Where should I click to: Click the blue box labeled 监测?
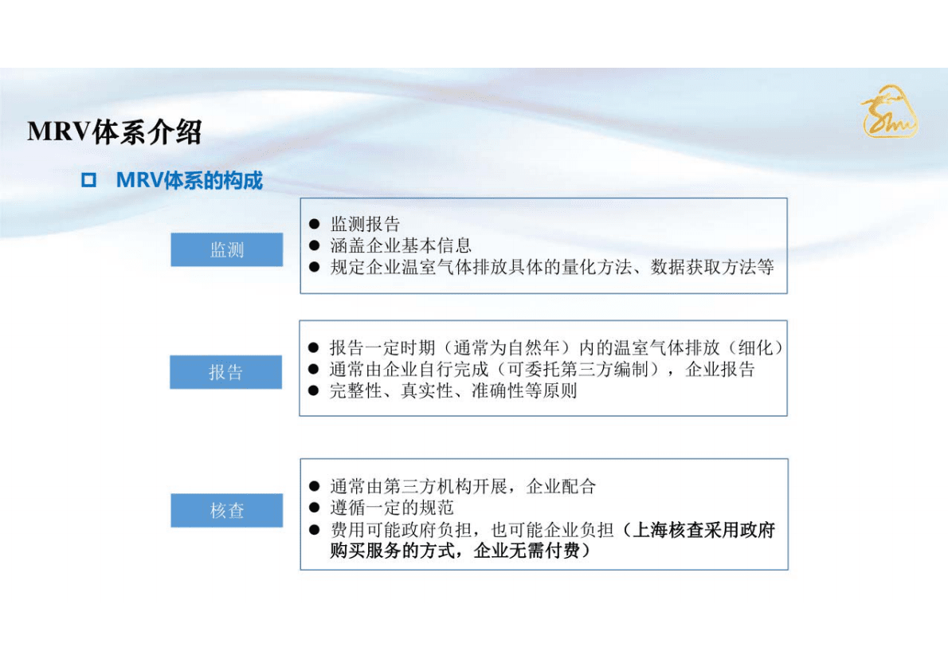[x=226, y=249]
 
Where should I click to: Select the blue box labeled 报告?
[x=225, y=372]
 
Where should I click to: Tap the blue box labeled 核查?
[x=226, y=510]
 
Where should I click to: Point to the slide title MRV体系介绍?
[x=114, y=131]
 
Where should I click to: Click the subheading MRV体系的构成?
[x=190, y=181]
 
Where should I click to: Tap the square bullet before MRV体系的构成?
[x=88, y=181]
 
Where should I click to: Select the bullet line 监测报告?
[x=365, y=225]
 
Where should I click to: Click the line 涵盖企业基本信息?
[x=401, y=245]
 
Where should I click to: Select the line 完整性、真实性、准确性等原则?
[x=453, y=390]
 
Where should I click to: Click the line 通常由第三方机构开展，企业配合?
[x=463, y=486]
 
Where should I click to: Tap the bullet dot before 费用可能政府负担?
[x=314, y=530]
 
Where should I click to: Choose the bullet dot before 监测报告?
[x=314, y=225]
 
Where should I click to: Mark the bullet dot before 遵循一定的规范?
[x=314, y=508]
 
